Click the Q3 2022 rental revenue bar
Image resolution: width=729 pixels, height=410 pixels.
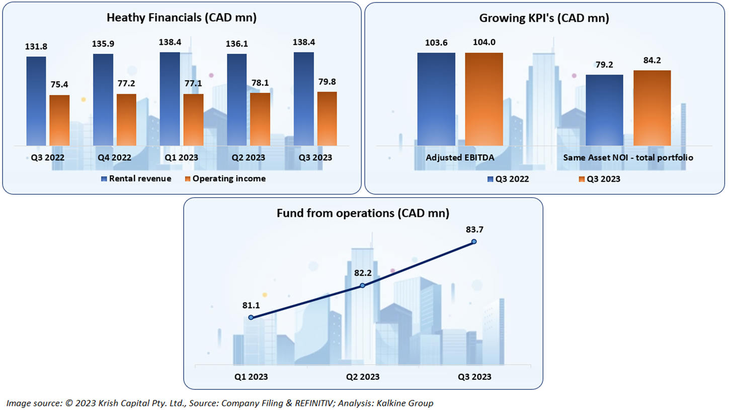36,101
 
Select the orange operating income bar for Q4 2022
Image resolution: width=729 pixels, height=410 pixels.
126,120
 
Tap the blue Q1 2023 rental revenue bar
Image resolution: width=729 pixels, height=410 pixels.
170,99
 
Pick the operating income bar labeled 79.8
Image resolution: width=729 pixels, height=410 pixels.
327,119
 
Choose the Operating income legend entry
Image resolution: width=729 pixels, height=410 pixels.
226,179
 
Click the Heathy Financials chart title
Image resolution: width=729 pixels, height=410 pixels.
182,18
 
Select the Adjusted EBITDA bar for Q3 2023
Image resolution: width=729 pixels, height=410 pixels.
483,99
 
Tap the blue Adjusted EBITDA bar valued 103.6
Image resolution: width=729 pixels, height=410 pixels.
436,99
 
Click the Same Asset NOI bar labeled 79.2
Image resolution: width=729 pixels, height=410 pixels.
604,110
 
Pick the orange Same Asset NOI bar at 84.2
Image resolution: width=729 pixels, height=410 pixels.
652,108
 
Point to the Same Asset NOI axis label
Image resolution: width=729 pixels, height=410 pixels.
628,157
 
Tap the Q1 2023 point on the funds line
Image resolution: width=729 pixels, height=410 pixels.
251,317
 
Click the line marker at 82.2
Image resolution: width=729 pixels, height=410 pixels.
362,286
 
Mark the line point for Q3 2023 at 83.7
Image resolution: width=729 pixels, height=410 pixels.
474,241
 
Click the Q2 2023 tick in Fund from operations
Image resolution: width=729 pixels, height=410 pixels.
362,376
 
